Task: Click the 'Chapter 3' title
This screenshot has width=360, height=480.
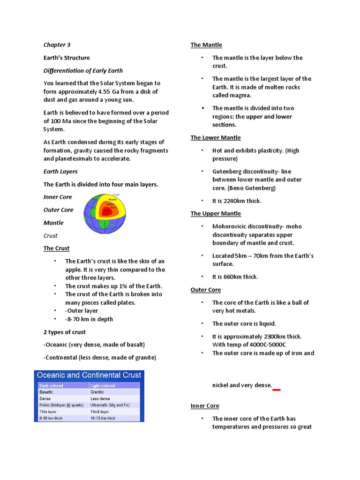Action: click(x=57, y=45)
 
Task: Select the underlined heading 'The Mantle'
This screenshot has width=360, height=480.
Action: click(x=206, y=45)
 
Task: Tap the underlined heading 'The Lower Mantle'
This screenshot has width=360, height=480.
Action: click(x=215, y=138)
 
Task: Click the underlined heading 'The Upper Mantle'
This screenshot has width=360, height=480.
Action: click(x=216, y=214)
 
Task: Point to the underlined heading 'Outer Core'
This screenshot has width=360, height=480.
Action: click(x=205, y=290)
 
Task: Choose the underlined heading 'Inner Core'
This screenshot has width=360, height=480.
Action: click(x=205, y=406)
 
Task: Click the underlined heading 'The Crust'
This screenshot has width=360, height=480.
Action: click(x=56, y=248)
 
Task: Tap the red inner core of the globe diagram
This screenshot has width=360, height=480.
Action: click(x=106, y=212)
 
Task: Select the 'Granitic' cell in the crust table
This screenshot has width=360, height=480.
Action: click(x=97, y=391)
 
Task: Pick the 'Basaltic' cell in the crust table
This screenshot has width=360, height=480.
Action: click(x=46, y=391)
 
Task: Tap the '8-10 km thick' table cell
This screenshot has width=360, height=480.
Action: click(x=51, y=418)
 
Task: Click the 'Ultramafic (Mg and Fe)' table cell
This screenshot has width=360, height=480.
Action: click(x=110, y=405)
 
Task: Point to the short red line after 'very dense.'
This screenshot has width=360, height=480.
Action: click(x=277, y=389)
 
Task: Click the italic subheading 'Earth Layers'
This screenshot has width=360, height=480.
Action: click(x=60, y=172)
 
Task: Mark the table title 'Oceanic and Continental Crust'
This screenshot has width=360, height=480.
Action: click(x=89, y=375)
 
